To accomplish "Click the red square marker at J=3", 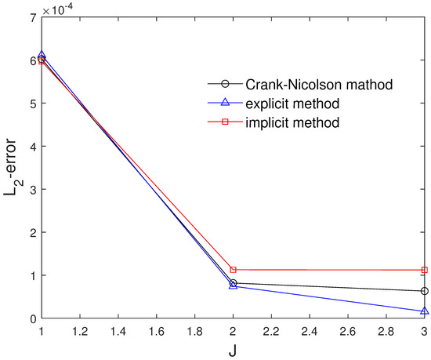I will tap(424, 270).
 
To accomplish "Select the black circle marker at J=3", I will tap(424, 291).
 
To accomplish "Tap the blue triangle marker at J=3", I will tap(424, 311).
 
